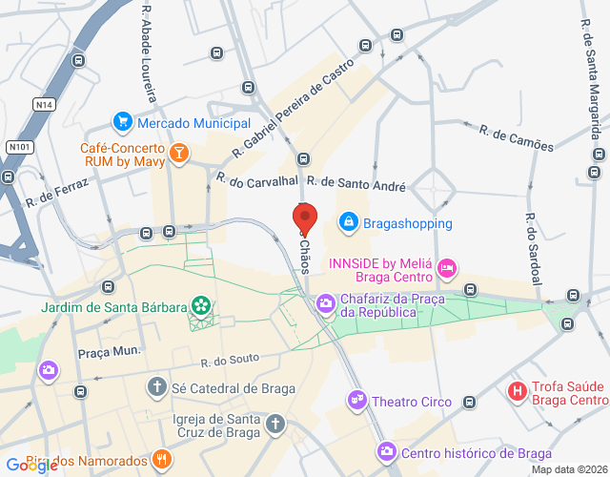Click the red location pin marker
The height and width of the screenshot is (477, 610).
coord(302,219)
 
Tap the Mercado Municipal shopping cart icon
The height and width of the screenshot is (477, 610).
coord(122,122)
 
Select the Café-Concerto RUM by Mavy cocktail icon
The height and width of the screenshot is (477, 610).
coord(178,153)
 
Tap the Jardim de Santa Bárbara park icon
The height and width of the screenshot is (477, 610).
coord(201,305)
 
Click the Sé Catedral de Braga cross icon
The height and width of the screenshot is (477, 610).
coord(156,387)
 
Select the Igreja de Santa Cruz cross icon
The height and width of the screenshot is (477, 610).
coord(274,422)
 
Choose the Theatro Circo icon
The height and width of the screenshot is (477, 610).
coord(357,402)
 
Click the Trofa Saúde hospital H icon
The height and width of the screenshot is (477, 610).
coord(518,390)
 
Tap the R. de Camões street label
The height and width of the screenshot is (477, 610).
coord(516,137)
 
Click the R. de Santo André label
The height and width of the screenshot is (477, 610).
coord(356,182)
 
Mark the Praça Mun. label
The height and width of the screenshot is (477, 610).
coord(110,351)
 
